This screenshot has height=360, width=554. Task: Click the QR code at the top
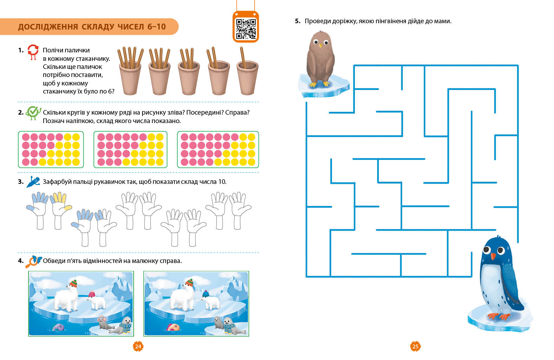(246, 29)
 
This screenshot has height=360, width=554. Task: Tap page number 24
(138, 346)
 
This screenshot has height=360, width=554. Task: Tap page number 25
(415, 346)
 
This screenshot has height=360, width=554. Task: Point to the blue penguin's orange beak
(493, 256)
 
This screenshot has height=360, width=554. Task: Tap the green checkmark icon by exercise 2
(33, 113)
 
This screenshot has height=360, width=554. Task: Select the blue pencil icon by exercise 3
(33, 182)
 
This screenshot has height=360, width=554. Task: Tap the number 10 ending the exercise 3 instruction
(222, 182)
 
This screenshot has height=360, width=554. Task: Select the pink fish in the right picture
(173, 327)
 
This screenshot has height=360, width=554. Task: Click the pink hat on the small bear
(91, 294)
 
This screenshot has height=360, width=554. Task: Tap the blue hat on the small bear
(205, 294)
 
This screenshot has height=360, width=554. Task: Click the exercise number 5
(298, 21)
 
